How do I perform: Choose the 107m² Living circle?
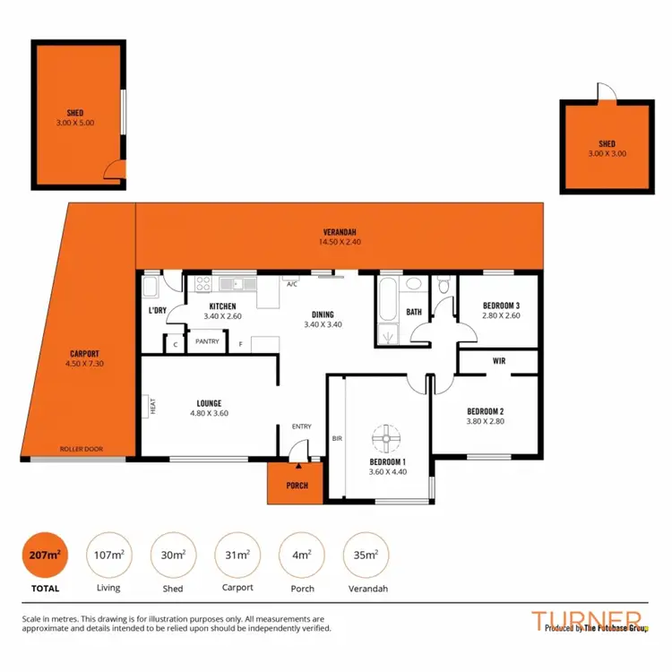click(x=108, y=556)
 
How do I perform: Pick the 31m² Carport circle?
click(x=237, y=556)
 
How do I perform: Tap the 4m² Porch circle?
click(x=301, y=556)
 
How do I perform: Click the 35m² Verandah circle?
click(x=366, y=556)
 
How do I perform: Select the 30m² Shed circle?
click(x=172, y=556)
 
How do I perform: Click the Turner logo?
click(x=586, y=620)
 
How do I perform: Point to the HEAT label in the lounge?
click(x=153, y=406)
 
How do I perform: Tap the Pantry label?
click(x=208, y=341)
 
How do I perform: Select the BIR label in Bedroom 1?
click(x=337, y=439)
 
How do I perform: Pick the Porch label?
click(x=297, y=486)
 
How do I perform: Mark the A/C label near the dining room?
click(x=292, y=283)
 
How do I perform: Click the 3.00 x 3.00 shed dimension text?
click(x=608, y=154)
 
